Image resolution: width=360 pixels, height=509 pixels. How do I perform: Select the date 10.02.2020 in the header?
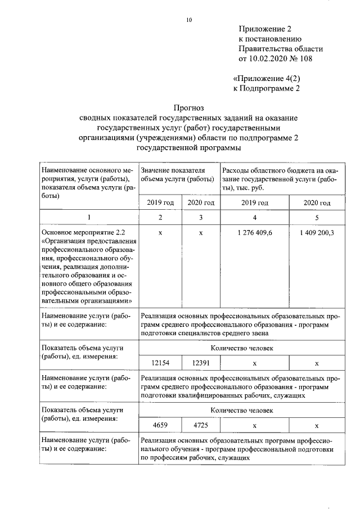coord(268,58)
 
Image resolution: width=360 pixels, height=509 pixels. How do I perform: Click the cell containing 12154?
coord(160,363)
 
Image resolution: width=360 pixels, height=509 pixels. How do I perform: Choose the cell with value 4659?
coord(160,425)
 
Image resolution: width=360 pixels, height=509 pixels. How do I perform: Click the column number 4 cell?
coord(255,217)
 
